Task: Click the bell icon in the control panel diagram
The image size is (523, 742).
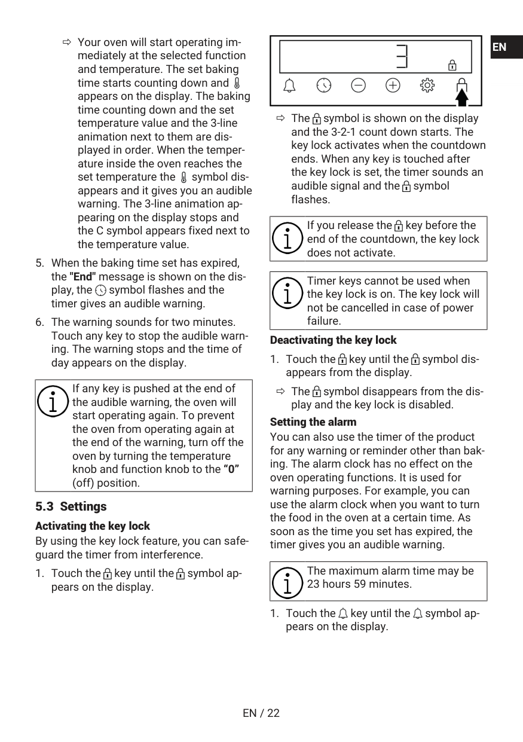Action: pyautogui.click(x=289, y=86)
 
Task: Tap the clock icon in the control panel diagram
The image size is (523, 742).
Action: pyautogui.click(x=324, y=86)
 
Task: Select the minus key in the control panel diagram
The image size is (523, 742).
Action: pyautogui.click(x=358, y=86)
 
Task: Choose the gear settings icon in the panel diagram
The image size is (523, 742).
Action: pyautogui.click(x=427, y=86)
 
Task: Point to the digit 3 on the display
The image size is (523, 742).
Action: pyautogui.click(x=402, y=57)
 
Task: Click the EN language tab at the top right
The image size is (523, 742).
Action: pyautogui.click(x=500, y=47)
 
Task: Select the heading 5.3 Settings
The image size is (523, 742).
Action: pyautogui.click(x=71, y=506)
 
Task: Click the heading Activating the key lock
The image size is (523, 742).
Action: pyautogui.click(x=93, y=526)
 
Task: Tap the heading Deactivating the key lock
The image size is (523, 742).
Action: pyautogui.click(x=333, y=340)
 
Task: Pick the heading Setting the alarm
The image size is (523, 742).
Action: pyautogui.click(x=313, y=422)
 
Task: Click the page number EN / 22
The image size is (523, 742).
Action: pyautogui.click(x=261, y=713)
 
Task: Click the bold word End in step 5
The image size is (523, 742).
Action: pyautogui.click(x=82, y=277)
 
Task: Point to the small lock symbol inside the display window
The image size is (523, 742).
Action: pyautogui.click(x=452, y=65)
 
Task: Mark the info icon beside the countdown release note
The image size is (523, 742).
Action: pyautogui.click(x=288, y=239)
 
